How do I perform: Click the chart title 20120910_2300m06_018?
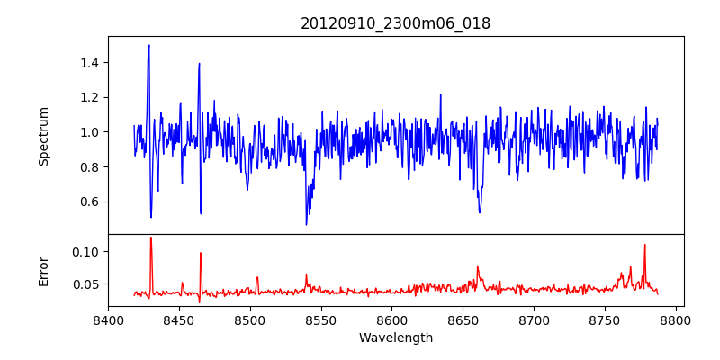coord(395,23)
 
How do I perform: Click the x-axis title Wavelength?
coord(395,337)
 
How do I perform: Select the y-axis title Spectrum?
coord(43,136)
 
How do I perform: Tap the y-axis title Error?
coord(43,270)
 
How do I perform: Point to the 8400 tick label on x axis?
coord(108,319)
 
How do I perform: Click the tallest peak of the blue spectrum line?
coord(148,45)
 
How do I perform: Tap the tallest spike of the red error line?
coord(151,238)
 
